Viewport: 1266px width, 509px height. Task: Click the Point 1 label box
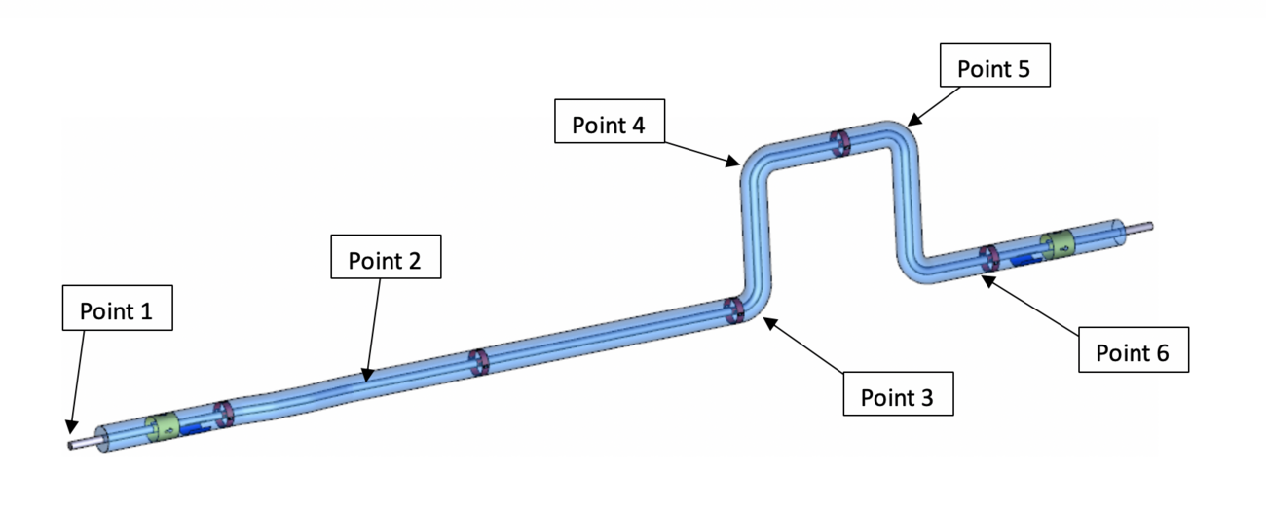pyautogui.click(x=118, y=308)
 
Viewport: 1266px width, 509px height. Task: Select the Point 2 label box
pyautogui.click(x=386, y=257)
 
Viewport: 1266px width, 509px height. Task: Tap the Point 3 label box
pyautogui.click(x=899, y=394)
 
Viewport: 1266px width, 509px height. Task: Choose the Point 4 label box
pyautogui.click(x=610, y=122)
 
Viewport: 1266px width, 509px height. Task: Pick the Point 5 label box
pyautogui.click(x=995, y=65)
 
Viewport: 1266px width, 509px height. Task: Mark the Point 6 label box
pyautogui.click(x=1134, y=349)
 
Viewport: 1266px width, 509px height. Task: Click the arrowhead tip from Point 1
pyautogui.click(x=70, y=433)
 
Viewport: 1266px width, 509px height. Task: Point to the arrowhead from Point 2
pyautogui.click(x=366, y=382)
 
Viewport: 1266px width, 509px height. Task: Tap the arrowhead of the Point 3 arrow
pyautogui.click(x=764, y=318)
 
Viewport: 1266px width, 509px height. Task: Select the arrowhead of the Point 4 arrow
pyautogui.click(x=739, y=164)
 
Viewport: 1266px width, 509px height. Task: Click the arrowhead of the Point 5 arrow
pyautogui.click(x=908, y=125)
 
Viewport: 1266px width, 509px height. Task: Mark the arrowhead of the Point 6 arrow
pyautogui.click(x=983, y=275)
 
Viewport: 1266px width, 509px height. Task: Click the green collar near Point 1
pyautogui.click(x=163, y=426)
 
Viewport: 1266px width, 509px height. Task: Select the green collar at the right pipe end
pyautogui.click(x=1058, y=245)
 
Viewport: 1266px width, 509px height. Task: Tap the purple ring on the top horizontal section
pyautogui.click(x=839, y=143)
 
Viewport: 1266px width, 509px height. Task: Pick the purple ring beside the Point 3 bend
pyautogui.click(x=734, y=311)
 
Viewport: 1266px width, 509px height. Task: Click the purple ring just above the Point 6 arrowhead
pyautogui.click(x=988, y=259)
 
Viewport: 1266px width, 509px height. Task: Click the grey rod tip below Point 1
pyautogui.click(x=70, y=446)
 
